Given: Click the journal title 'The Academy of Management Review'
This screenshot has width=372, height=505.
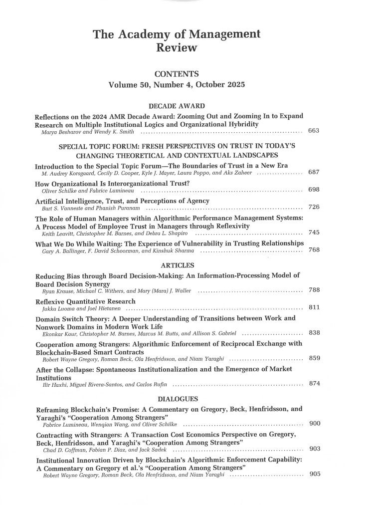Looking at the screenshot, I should (177, 41).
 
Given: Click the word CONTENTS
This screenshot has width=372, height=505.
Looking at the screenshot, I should (177, 74).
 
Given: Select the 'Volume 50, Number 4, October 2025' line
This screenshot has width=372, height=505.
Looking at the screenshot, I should (177, 85).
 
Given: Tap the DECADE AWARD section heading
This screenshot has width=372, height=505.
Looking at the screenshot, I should (177, 106).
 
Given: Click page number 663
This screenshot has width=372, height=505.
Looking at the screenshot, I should (314, 131).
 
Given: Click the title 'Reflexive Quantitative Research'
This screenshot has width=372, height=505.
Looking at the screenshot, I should (86, 301).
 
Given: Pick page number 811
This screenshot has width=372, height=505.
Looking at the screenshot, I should (314, 307).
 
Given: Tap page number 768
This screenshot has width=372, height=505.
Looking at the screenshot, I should (314, 250).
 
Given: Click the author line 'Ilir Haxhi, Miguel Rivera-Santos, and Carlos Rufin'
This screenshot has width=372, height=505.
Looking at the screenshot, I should (105, 385).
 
